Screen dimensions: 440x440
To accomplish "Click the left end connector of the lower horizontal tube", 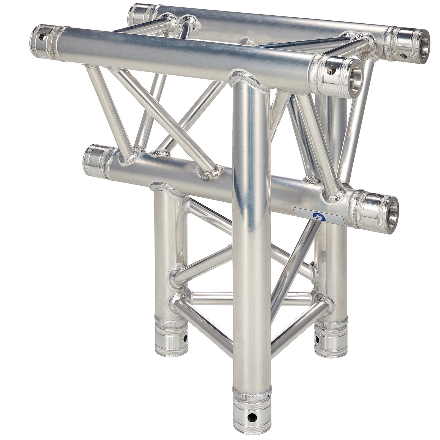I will coord(95,161).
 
